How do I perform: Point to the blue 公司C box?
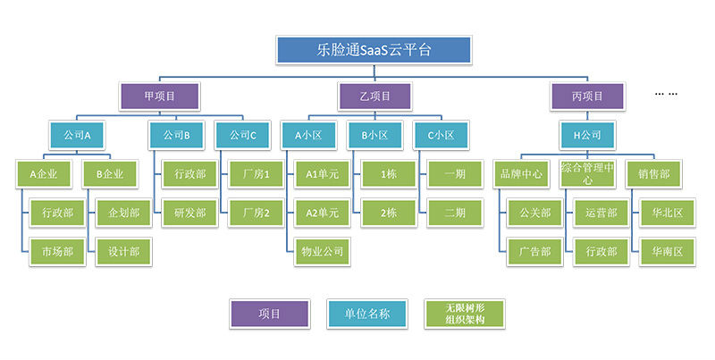pyautogui.click(x=242, y=136)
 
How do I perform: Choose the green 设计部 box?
pyautogui.click(x=123, y=252)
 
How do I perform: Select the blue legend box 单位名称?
pyautogui.click(x=367, y=314)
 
